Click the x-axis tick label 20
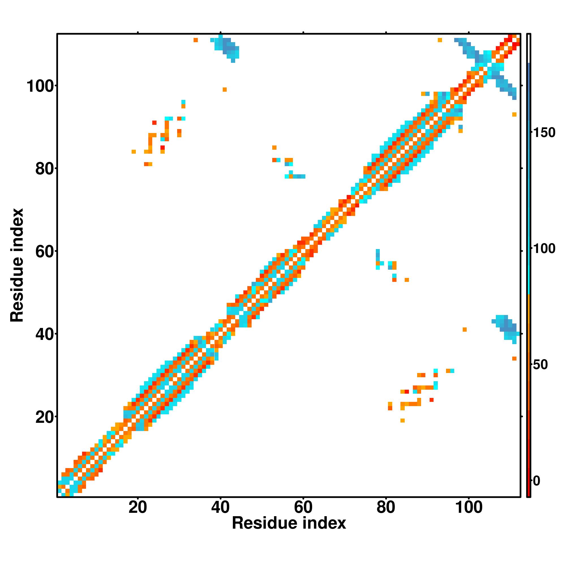pos(138,507)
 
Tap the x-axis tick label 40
pos(220,507)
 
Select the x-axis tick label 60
pos(303,507)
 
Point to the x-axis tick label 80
pos(386,507)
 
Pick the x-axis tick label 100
pos(469,507)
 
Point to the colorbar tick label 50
pos(540,365)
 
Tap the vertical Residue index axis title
pos(17,265)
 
